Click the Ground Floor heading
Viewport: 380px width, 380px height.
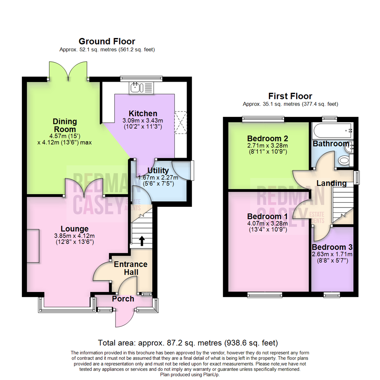pos(107,42)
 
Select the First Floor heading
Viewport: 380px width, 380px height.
pos(290,96)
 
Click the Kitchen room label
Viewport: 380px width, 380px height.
pos(142,114)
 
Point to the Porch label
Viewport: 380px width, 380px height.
pos(123,299)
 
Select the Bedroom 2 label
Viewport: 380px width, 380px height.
pos(268,138)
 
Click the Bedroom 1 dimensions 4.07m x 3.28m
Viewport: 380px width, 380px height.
pos(267,223)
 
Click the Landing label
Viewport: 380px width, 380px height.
pos(331,183)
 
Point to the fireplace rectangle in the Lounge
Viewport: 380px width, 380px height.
pos(32,245)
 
